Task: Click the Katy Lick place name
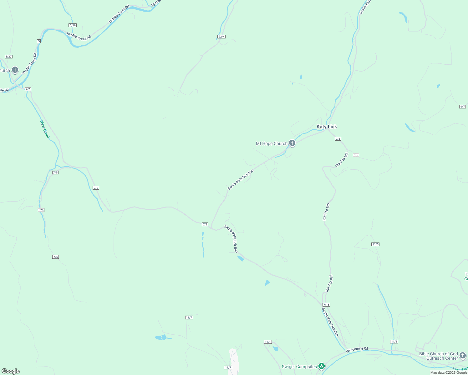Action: click(x=327, y=127)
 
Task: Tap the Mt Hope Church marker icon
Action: click(x=292, y=143)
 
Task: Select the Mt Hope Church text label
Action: click(x=272, y=143)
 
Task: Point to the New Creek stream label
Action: click(x=45, y=130)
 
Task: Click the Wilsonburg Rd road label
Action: click(x=357, y=350)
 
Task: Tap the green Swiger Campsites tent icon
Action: click(x=321, y=366)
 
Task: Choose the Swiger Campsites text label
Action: click(x=299, y=367)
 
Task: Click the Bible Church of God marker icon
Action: click(x=462, y=355)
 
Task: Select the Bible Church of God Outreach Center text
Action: click(x=438, y=356)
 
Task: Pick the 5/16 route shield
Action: click(x=73, y=25)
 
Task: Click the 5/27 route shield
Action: click(x=8, y=57)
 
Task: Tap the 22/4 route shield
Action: click(x=221, y=37)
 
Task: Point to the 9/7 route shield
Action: click(x=462, y=107)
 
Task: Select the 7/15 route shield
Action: click(x=326, y=305)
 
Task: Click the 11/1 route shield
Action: click(x=268, y=342)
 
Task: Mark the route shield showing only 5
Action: click(x=39, y=41)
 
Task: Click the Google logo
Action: click(x=11, y=371)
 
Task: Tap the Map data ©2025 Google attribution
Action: click(x=448, y=372)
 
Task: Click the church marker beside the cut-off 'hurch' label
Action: click(x=15, y=70)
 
